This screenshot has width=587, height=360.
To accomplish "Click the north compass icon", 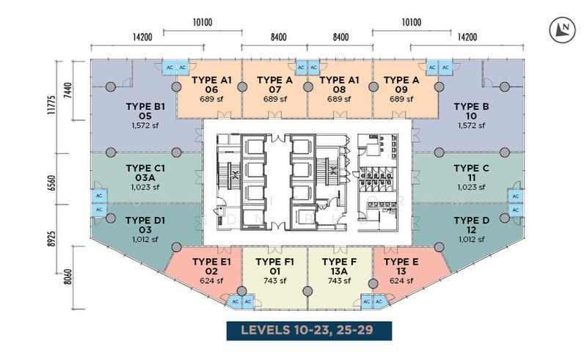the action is (562, 29).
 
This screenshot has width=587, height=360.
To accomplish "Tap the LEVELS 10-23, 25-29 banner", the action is (309, 331).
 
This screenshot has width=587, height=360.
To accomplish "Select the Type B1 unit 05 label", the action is (145, 111).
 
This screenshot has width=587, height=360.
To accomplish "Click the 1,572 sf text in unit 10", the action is (471, 125).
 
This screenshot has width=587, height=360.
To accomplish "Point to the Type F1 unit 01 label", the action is (274, 266).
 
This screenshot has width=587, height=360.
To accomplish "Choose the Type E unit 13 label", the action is (401, 266).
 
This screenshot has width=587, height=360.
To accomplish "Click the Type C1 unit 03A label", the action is (145, 173).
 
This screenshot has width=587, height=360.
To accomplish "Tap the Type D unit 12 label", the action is (471, 225).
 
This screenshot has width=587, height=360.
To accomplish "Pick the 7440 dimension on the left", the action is (68, 90).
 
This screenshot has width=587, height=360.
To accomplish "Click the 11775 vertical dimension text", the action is (51, 105).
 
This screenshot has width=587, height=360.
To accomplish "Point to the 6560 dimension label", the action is (51, 183).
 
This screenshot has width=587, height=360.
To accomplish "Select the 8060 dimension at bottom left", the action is (68, 276).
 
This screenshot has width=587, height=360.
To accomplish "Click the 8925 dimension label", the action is (51, 238).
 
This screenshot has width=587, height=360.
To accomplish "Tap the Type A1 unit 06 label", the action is (211, 84).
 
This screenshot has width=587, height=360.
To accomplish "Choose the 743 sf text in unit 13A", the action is (339, 281).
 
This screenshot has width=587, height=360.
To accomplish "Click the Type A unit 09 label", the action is (401, 84).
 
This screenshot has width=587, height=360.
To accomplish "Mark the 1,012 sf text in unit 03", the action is (145, 240).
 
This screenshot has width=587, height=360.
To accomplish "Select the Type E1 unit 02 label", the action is (211, 266).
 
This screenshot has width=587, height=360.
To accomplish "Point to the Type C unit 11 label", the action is (471, 173).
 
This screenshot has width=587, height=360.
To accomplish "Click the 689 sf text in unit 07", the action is (274, 99).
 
